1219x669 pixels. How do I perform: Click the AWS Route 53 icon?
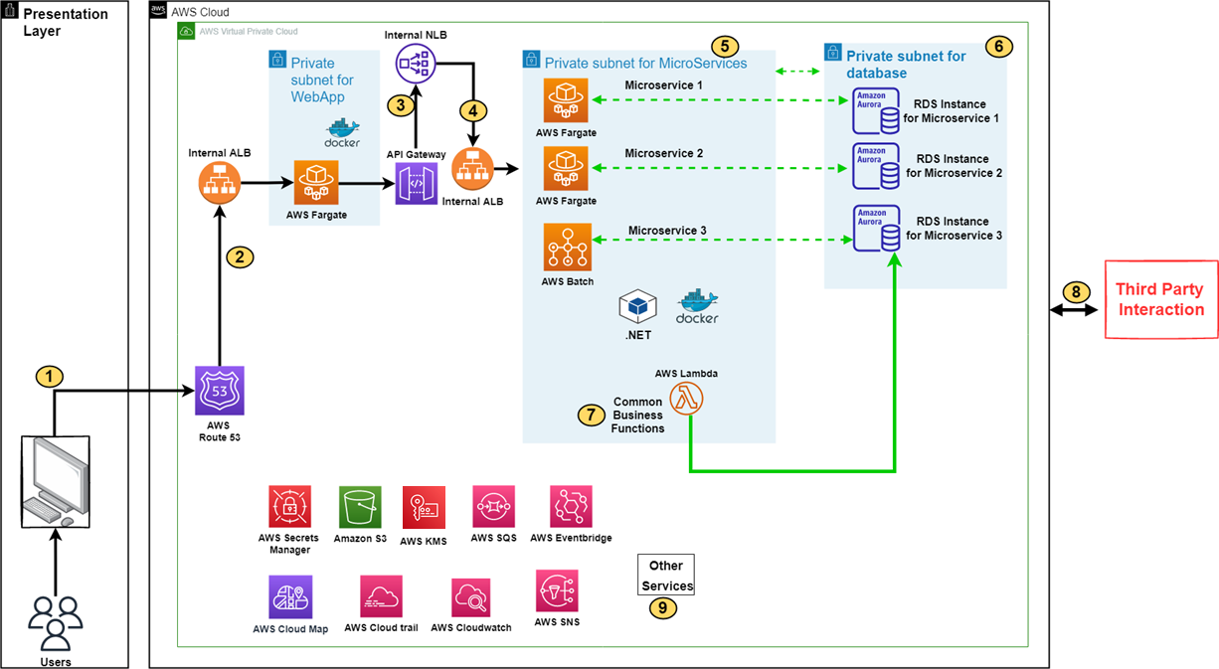click(x=220, y=391)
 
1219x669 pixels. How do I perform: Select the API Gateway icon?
click(x=416, y=184)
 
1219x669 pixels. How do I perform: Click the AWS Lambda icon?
click(x=687, y=398)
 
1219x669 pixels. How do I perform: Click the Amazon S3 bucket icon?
click(x=360, y=507)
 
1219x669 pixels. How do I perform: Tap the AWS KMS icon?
click(x=424, y=507)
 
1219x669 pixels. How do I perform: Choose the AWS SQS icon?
click(x=494, y=507)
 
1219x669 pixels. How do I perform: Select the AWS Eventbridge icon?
click(x=571, y=507)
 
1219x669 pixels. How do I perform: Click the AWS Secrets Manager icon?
click(x=289, y=507)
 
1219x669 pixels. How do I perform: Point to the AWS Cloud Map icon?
click(x=289, y=596)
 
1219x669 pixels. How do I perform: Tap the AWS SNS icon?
click(x=557, y=591)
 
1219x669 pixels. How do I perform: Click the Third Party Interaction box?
click(x=1161, y=299)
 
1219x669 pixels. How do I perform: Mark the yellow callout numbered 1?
click(x=49, y=376)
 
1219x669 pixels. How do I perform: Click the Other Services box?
click(x=665, y=575)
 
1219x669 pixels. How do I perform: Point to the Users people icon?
click(x=56, y=623)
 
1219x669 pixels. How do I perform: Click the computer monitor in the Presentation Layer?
click(x=56, y=482)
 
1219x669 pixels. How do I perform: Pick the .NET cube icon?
click(x=636, y=307)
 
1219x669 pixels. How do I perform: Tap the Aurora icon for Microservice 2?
click(x=874, y=166)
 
